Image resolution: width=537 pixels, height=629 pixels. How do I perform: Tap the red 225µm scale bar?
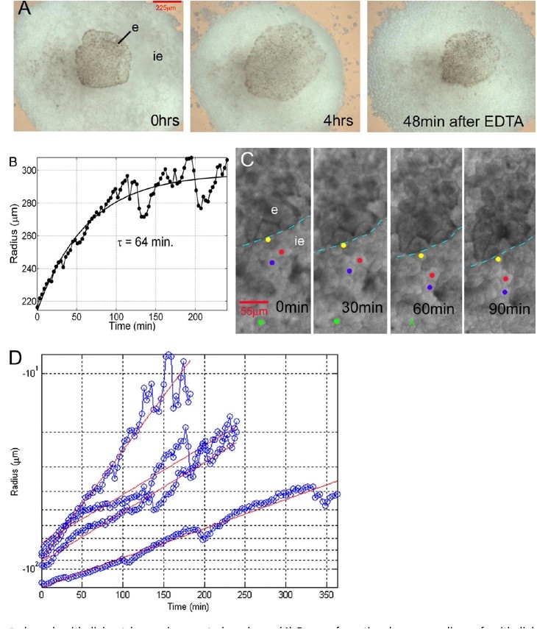point(166,4)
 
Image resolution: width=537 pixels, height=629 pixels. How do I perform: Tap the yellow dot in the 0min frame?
point(268,240)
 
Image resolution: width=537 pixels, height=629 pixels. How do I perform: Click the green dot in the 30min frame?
point(337,321)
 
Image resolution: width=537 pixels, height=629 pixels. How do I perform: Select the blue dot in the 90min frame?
point(505,292)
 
